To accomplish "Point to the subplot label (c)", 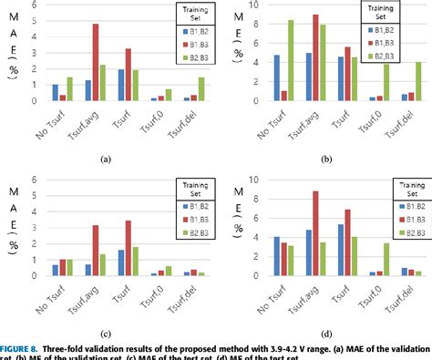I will coord(104,334).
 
